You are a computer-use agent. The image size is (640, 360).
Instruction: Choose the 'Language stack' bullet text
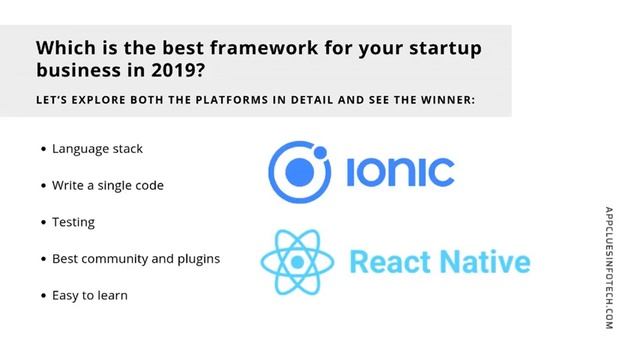click(x=97, y=149)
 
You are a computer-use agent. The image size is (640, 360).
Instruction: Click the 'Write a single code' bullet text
click(x=108, y=185)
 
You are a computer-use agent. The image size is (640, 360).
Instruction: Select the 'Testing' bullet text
click(x=74, y=222)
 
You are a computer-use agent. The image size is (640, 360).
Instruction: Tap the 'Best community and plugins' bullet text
click(x=136, y=259)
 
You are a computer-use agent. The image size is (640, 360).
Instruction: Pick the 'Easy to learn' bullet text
click(x=90, y=296)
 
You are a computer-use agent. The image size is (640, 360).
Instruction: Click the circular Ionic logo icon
click(x=300, y=171)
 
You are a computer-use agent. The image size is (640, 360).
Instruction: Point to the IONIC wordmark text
click(x=400, y=172)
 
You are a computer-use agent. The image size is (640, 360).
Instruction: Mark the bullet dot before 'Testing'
click(x=43, y=222)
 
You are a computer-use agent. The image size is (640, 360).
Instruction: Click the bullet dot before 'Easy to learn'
click(x=43, y=296)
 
